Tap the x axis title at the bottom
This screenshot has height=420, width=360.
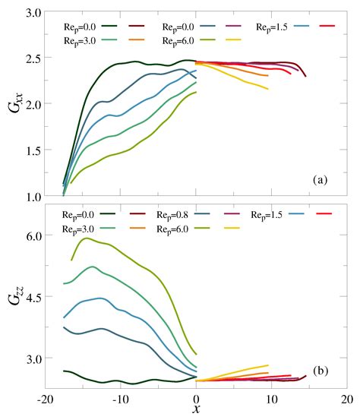[196, 410]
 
